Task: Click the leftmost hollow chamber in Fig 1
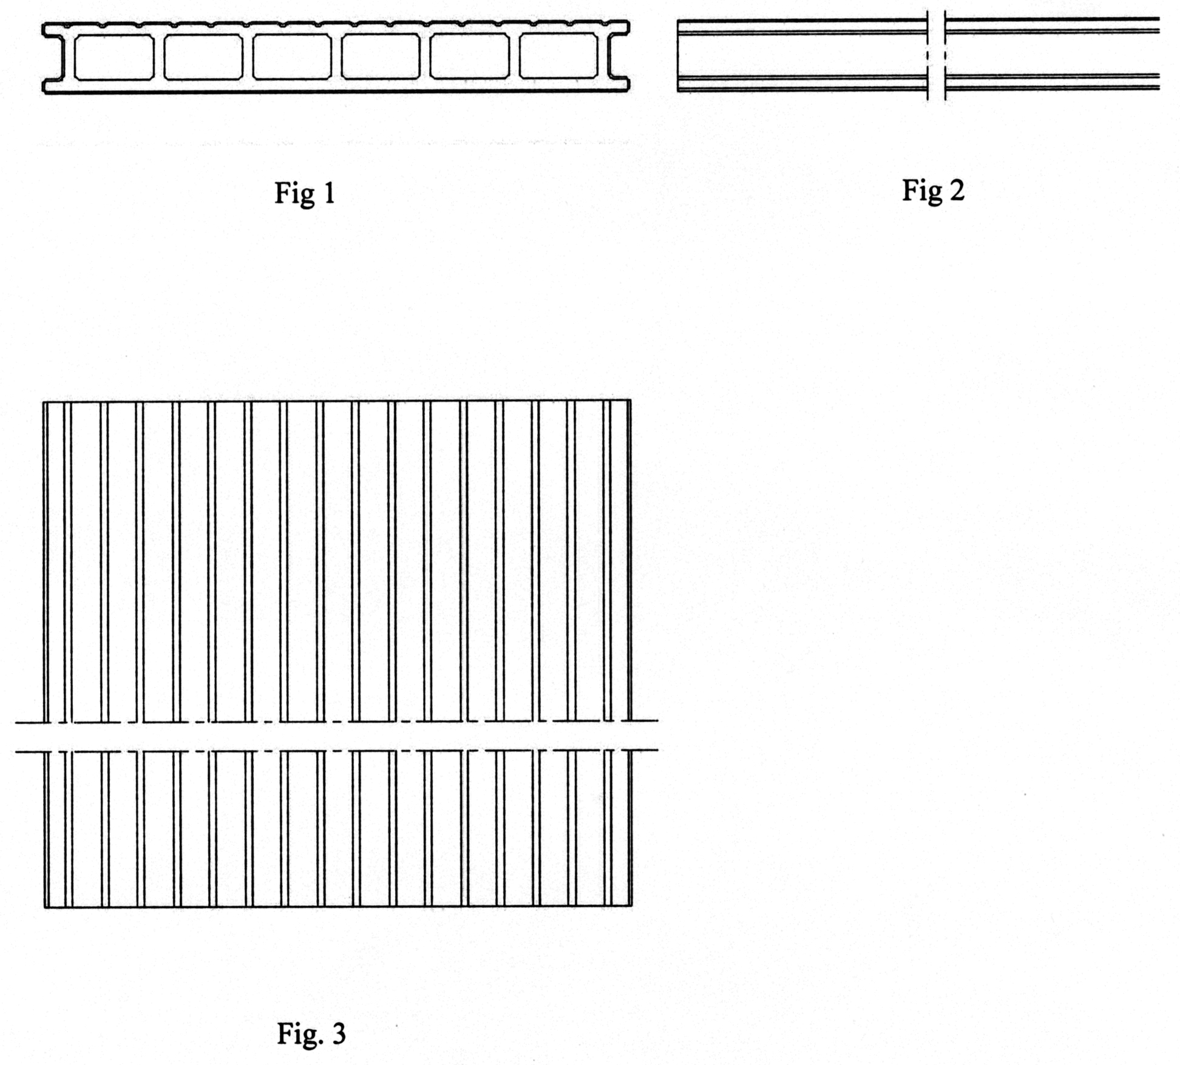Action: [x=114, y=57]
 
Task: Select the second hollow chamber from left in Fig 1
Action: [x=203, y=57]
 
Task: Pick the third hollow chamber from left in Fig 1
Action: [x=292, y=57]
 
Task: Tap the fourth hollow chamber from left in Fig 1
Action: [x=381, y=57]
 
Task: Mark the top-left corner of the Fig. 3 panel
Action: [x=44, y=401]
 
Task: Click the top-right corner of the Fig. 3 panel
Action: [x=631, y=400]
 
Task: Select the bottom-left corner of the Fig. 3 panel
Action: [x=45, y=907]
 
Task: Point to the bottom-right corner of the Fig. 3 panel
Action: [x=631, y=907]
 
